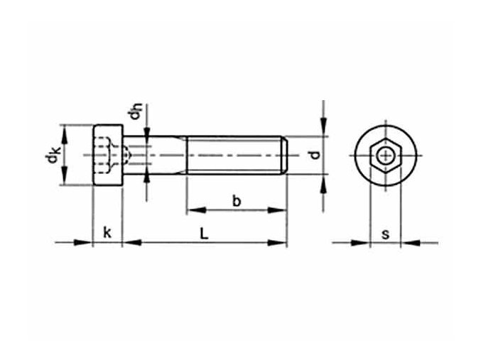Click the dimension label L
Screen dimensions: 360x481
[204, 232]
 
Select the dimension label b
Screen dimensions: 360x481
[237, 201]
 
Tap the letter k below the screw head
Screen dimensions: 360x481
[107, 232]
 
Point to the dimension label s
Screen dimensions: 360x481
[384, 233]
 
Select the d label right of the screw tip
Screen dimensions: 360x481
[310, 155]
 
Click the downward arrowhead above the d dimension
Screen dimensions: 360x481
[324, 130]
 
